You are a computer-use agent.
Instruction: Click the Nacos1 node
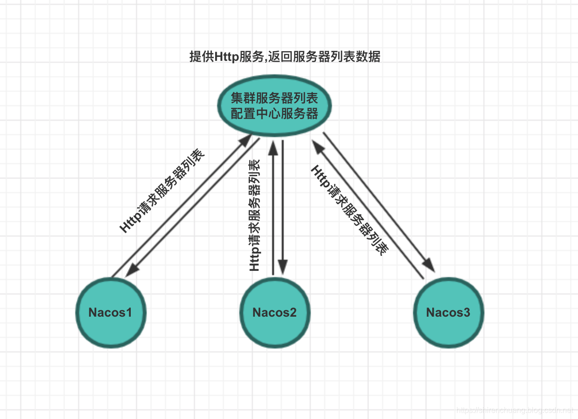pyautogui.click(x=111, y=312)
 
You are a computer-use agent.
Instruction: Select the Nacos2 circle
pyautogui.click(x=275, y=312)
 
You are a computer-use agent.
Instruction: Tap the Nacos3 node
pyautogui.click(x=449, y=312)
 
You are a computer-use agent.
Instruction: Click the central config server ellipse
pyautogui.click(x=274, y=106)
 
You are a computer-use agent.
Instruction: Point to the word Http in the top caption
pyautogui.click(x=226, y=57)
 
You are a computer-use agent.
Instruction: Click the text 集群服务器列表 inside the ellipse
pyautogui.click(x=274, y=98)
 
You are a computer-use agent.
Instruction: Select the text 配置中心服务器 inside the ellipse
pyautogui.click(x=274, y=113)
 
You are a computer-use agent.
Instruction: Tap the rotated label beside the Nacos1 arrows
pyautogui.click(x=162, y=191)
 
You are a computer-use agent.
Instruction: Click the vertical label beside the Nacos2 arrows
pyautogui.click(x=254, y=215)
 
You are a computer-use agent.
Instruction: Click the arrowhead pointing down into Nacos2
pyautogui.click(x=283, y=267)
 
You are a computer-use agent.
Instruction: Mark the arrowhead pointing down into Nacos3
pyautogui.click(x=429, y=265)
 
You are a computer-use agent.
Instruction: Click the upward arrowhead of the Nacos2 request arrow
pyautogui.click(x=273, y=148)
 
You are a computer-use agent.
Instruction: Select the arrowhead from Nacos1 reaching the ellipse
pyautogui.click(x=245, y=141)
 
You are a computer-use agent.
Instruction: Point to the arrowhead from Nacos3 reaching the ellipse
pyautogui.click(x=318, y=147)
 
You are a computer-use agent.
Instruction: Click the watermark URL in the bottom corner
pyautogui.click(x=515, y=410)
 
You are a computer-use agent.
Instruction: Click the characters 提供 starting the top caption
pyautogui.click(x=202, y=57)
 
